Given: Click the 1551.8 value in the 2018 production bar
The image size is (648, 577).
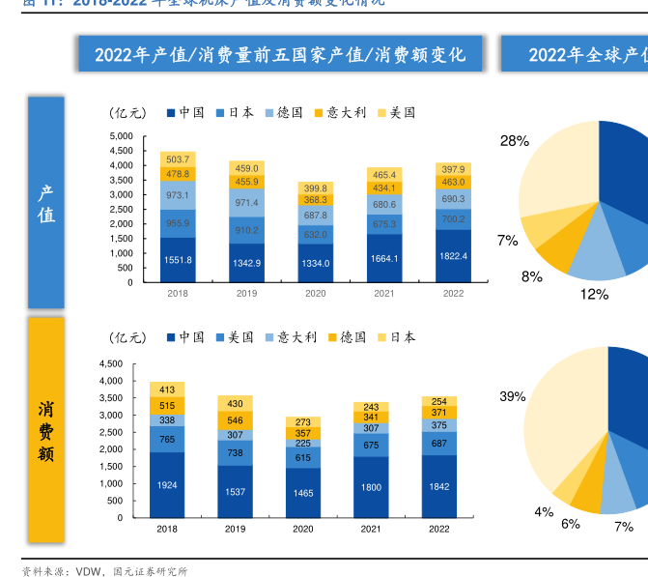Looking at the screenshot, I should coord(178,260).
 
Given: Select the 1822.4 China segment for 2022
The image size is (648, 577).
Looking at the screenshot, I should coord(453,256).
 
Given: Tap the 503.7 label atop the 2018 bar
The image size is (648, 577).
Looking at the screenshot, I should coord(178,159).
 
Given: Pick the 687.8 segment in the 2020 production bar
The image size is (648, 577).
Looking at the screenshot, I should coord(316,216).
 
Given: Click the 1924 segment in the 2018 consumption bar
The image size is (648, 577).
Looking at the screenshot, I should coord(167,485).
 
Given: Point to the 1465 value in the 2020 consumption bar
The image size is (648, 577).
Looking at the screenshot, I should coord(304,493).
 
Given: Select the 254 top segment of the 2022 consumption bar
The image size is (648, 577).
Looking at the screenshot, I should coord(439,401).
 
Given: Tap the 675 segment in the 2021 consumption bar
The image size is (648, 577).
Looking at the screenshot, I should coord(371,446).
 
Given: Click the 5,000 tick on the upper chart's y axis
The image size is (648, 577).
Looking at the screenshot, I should coord(121,136).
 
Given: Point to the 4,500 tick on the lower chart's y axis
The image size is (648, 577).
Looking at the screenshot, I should coord(111,364).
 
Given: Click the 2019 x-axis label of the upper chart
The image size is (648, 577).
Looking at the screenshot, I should coord(246,294).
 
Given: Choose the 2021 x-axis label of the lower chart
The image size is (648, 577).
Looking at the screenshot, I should coord(371,530).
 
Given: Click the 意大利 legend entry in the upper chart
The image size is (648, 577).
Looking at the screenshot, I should coord(335,113).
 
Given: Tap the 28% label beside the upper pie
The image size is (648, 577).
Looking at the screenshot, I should coord(514,141).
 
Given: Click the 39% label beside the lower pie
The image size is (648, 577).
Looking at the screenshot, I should coord(512,396).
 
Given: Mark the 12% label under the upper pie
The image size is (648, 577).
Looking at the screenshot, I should coord(594,294).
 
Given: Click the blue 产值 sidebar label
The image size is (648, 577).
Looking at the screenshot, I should coord(45,203).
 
